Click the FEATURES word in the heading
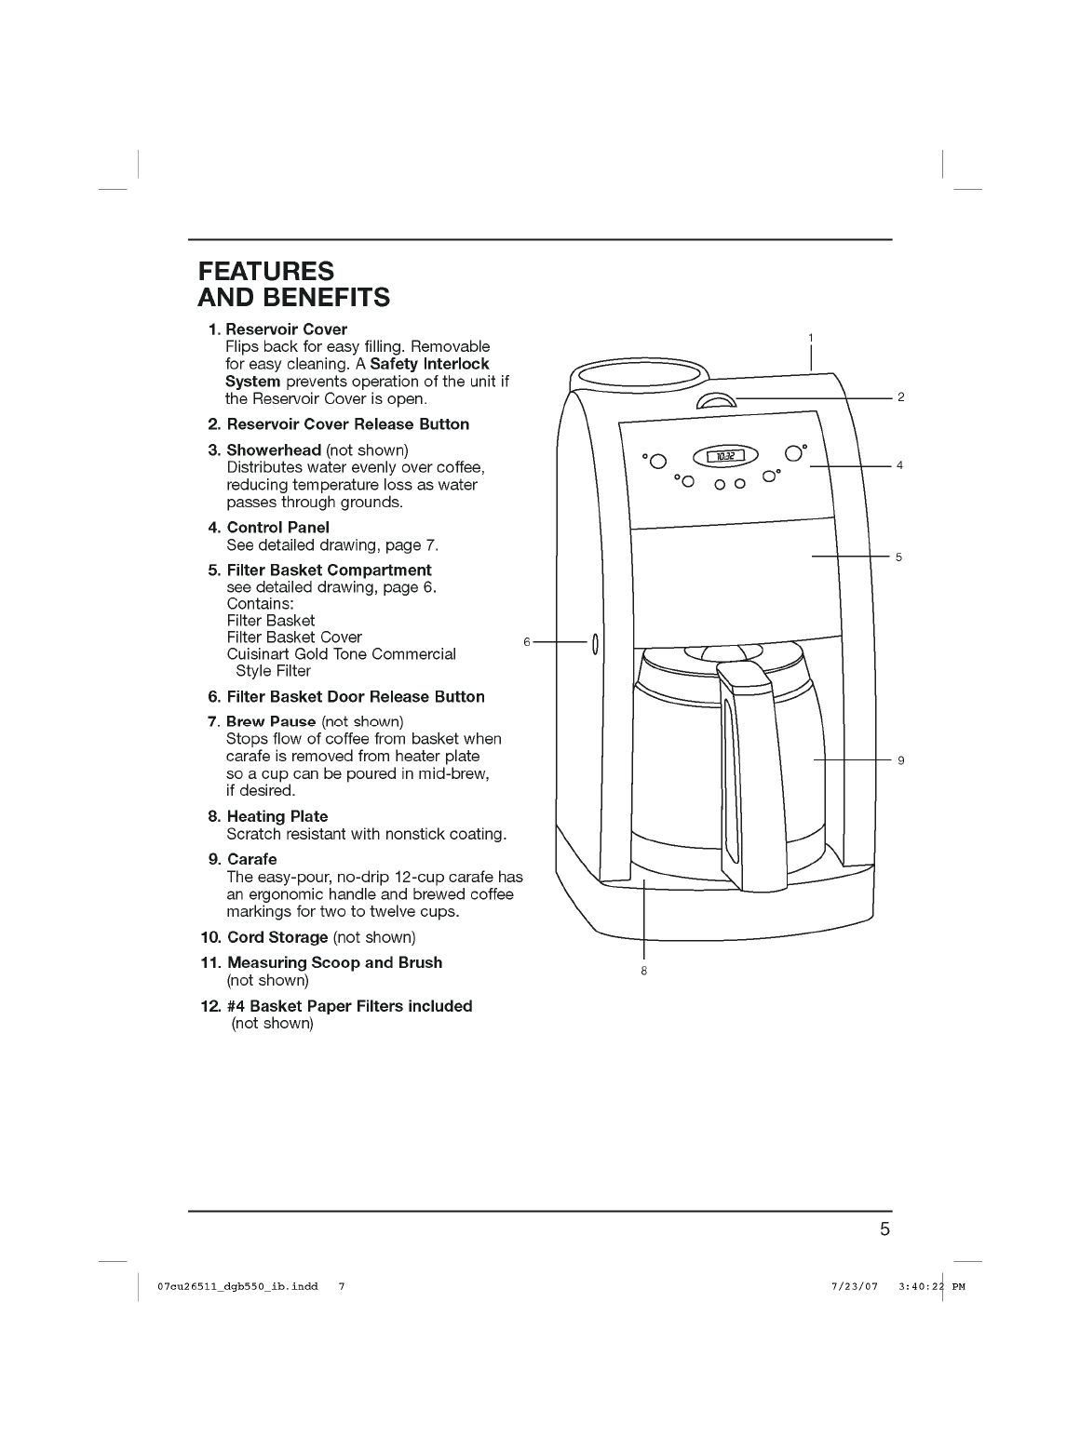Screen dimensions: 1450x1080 pos(266,271)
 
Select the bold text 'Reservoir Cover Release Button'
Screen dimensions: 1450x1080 pos(347,424)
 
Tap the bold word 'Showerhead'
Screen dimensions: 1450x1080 pos(274,450)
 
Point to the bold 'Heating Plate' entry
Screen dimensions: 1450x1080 pos(277,816)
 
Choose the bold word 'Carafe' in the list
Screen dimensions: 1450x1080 pos(251,859)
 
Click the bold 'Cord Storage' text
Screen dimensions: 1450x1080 pos(277,937)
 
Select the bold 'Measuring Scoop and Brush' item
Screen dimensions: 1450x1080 pos(334,962)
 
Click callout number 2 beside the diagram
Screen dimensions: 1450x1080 pos(900,397)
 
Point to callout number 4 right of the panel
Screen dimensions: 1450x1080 pos(900,464)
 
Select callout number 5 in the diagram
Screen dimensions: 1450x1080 pos(898,557)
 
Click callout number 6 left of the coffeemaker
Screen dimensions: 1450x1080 pos(527,641)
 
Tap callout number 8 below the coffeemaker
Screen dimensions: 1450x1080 pos(643,971)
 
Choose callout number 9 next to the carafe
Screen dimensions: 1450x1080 pos(901,760)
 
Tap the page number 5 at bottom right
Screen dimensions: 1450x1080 pos(884,1229)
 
